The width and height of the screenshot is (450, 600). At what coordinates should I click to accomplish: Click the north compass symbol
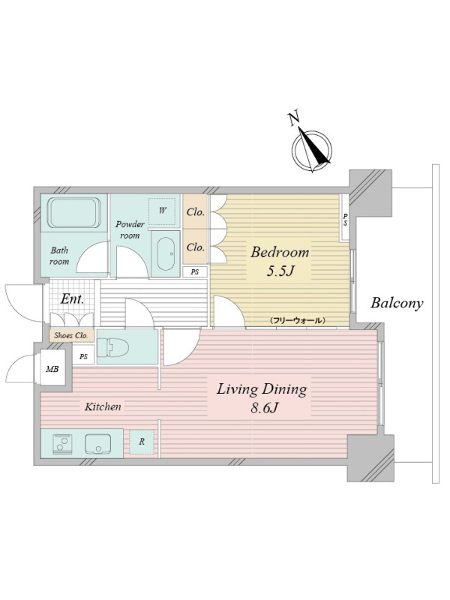[311, 147]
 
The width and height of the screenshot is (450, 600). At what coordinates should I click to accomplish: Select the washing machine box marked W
[162, 211]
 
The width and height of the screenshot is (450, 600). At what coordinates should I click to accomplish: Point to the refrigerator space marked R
[142, 442]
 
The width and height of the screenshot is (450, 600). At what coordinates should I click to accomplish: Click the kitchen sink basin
[98, 444]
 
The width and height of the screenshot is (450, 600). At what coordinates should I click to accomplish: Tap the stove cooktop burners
[62, 444]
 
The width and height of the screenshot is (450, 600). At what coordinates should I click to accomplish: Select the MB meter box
[52, 369]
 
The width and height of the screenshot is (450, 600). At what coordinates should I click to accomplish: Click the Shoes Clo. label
[71, 335]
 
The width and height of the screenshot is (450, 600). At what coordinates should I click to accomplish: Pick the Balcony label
[397, 303]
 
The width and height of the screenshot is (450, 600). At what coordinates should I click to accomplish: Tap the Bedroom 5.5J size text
[280, 271]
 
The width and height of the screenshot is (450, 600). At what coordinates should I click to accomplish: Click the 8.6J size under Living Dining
[264, 408]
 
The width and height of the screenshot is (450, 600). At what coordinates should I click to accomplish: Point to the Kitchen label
[103, 406]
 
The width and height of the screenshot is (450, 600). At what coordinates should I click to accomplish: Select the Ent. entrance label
[72, 298]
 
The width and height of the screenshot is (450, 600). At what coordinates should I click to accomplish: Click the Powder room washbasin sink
[165, 253]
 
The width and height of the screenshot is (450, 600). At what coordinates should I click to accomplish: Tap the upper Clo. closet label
[195, 212]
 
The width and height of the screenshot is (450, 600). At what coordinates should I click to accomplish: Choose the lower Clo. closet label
[195, 247]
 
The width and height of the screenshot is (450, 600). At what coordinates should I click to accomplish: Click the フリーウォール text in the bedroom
[297, 320]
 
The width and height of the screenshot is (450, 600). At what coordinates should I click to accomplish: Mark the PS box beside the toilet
[83, 357]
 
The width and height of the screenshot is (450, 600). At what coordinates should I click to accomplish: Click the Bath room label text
[59, 256]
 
